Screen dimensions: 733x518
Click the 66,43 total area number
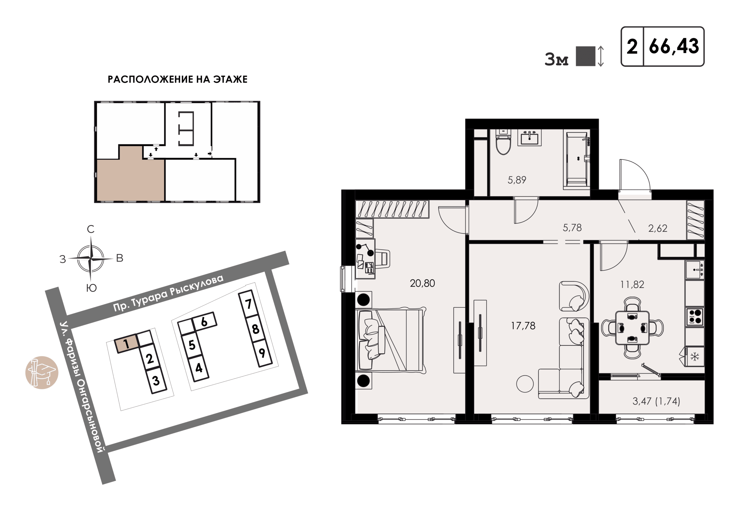[x=674, y=47]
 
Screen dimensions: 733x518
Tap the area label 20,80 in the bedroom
[x=422, y=283]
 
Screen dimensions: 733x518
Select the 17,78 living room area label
[x=523, y=326]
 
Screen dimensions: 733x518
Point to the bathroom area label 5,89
[x=517, y=180]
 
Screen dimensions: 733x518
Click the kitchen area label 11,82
[x=632, y=284]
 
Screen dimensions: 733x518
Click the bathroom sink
[x=529, y=138]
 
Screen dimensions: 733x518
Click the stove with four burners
[x=695, y=317]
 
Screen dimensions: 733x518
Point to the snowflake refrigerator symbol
[x=695, y=357]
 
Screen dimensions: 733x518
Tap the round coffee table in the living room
[x=525, y=383]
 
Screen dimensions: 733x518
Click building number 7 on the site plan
[x=248, y=304]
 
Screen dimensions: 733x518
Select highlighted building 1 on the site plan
[x=127, y=343]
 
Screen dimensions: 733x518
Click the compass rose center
[x=91, y=258]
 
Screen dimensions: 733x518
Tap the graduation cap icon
[x=42, y=372]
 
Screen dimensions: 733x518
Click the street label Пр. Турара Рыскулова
[x=168, y=293]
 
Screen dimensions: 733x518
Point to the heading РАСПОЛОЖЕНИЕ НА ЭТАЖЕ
[x=178, y=79]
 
